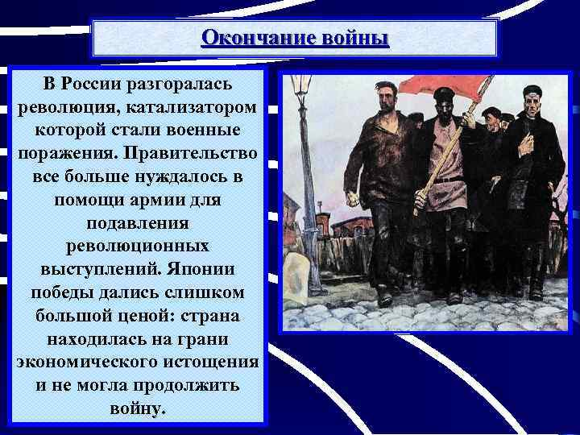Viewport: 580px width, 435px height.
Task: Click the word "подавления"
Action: (135, 221)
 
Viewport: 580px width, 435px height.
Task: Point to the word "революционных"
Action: (135, 243)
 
